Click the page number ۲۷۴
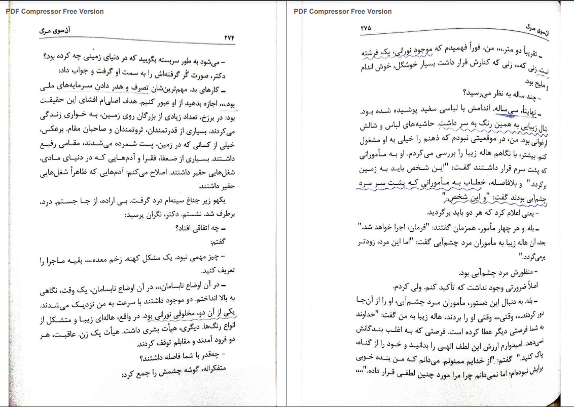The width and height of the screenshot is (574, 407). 230,38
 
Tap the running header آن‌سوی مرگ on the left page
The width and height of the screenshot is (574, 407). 55,30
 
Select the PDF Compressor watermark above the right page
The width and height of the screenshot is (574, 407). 343,11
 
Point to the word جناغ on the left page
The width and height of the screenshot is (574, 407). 195,202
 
